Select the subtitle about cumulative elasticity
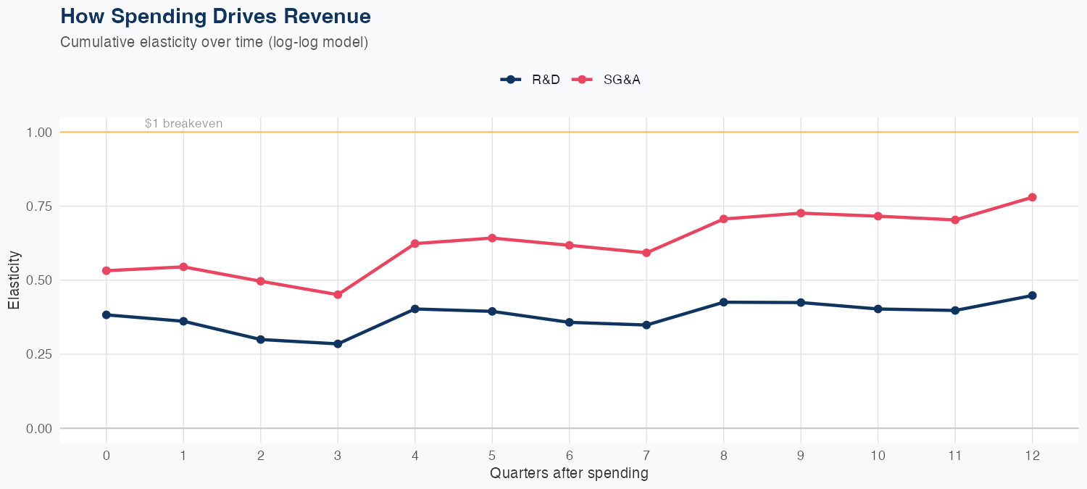pos(215,42)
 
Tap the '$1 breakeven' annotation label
pos(183,124)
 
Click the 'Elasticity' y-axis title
pos(14,280)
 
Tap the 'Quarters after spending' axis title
pos(569,474)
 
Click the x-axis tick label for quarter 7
pos(646,456)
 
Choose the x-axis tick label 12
pos(1032,456)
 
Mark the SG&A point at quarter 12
pos(1032,197)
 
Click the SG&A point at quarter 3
pos(338,295)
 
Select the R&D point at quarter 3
pos(338,344)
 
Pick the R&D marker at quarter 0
pos(107,315)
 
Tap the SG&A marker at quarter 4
pos(415,243)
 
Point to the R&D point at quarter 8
pos(723,302)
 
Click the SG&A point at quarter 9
pos(801,213)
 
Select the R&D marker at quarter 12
pos(1032,296)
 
